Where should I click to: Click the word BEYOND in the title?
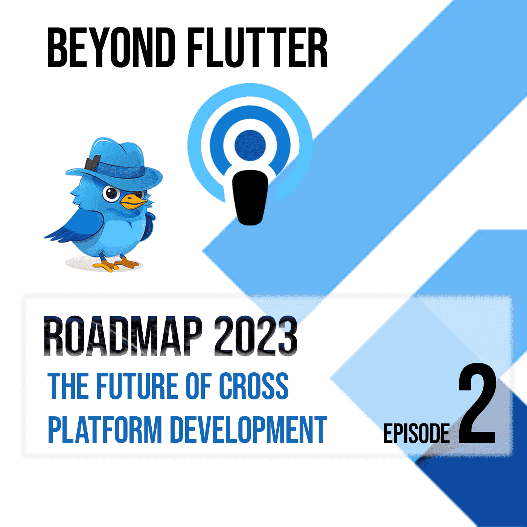[x=111, y=48]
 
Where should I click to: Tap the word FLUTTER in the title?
[x=257, y=48]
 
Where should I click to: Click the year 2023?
[x=256, y=336]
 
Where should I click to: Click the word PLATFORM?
[x=105, y=430]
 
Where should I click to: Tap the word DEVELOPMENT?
[x=248, y=430]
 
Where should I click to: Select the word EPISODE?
[x=416, y=434]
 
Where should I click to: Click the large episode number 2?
[x=477, y=405]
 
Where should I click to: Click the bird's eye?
[x=111, y=193]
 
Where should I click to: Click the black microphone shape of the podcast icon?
[x=250, y=198]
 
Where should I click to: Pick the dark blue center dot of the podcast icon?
[x=250, y=145]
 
